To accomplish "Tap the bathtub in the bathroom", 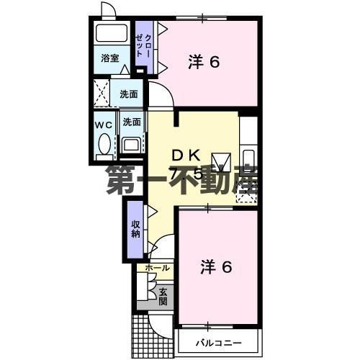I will pyautogui.click(x=110, y=33).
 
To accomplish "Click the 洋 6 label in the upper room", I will pyautogui.click(x=204, y=63).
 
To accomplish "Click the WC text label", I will pyautogui.click(x=103, y=124).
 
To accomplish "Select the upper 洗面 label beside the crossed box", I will pyautogui.click(x=130, y=93).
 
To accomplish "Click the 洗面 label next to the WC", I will pyautogui.click(x=131, y=122).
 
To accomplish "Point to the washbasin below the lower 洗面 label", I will pyautogui.click(x=131, y=145).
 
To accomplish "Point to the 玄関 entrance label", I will pyautogui.click(x=163, y=296).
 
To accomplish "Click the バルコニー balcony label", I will pyautogui.click(x=217, y=342).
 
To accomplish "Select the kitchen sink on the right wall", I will pyautogui.click(x=248, y=160).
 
